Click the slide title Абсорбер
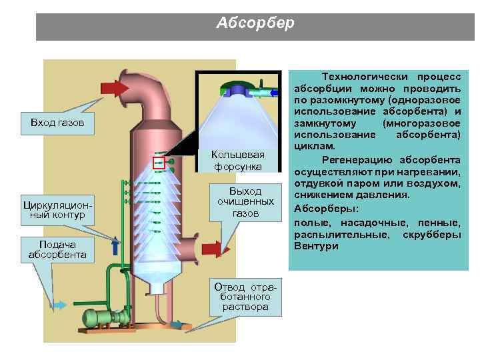point(255,23)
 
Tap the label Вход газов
point(57,124)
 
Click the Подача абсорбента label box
point(57,249)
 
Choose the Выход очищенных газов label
point(240,201)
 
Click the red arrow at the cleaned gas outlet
point(212,249)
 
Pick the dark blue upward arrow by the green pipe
point(115,246)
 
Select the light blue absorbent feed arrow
point(59,305)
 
